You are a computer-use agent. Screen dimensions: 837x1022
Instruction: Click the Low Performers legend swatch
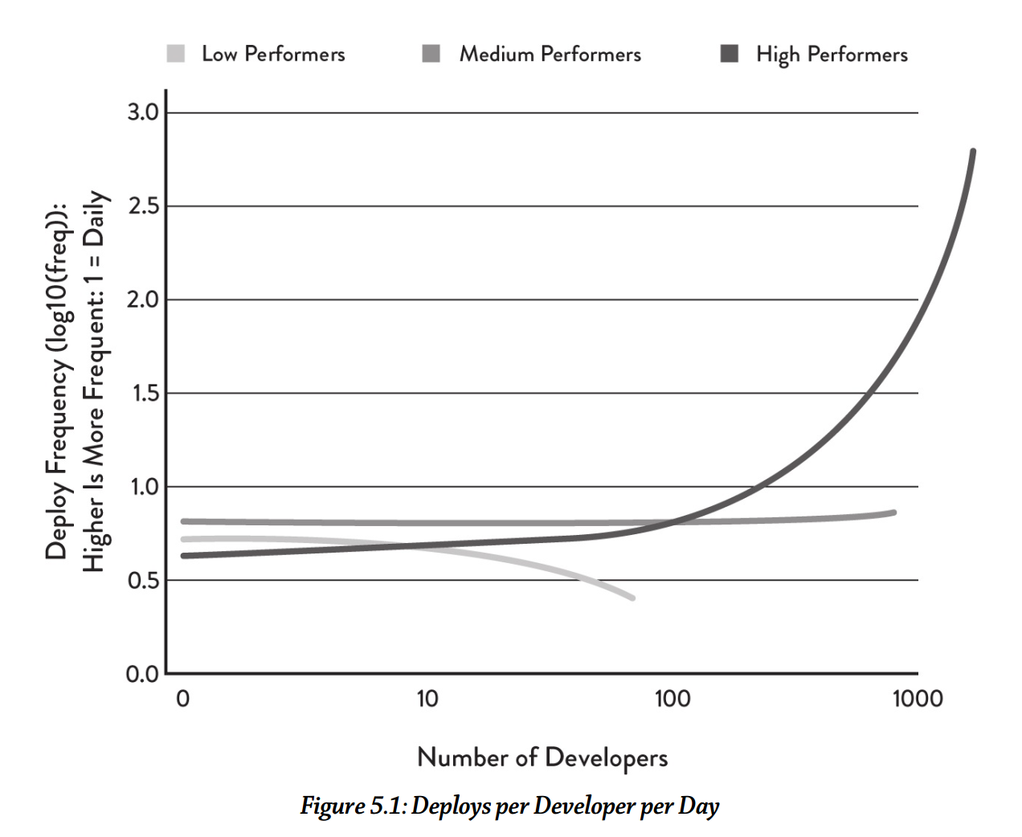click(x=175, y=54)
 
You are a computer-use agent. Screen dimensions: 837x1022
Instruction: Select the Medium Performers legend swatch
click(x=431, y=54)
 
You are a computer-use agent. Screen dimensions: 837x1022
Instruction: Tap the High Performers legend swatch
click(x=729, y=54)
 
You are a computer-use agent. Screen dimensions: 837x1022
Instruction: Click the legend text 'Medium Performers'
click(x=550, y=55)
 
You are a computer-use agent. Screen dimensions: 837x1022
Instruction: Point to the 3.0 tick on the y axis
click(x=143, y=112)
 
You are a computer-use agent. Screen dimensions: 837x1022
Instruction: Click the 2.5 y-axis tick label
click(x=143, y=206)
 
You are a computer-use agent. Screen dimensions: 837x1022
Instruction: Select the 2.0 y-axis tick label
click(x=143, y=300)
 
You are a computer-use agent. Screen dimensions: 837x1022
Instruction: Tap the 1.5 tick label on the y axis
click(x=143, y=394)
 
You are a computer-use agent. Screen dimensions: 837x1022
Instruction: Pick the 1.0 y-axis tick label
click(x=143, y=487)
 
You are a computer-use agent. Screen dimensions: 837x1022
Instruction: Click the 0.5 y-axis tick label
click(x=143, y=580)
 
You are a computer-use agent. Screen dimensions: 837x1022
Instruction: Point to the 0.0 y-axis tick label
click(x=142, y=674)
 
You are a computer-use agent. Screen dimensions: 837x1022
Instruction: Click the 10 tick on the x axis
click(x=427, y=699)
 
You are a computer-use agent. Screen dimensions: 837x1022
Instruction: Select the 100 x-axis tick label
click(x=672, y=699)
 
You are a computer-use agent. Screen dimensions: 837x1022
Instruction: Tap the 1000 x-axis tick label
click(x=918, y=699)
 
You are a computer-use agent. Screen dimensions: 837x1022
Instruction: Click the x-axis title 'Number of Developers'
click(x=542, y=757)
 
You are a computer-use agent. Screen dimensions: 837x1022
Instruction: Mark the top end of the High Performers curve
click(x=973, y=151)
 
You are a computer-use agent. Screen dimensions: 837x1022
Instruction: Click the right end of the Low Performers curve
click(x=632, y=598)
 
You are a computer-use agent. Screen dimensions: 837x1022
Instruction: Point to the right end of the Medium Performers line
click(x=893, y=512)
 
